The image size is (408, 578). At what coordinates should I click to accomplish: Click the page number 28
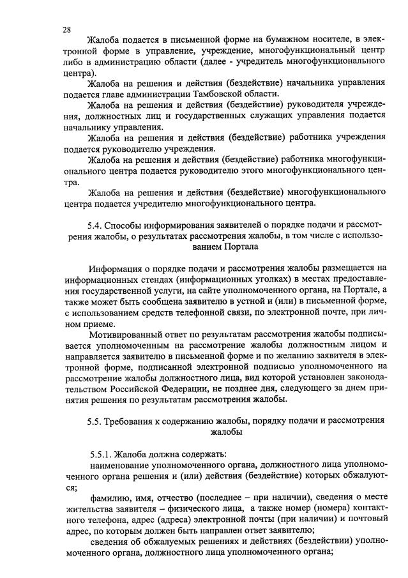(x=67, y=29)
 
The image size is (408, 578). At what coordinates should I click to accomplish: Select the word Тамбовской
(x=223, y=94)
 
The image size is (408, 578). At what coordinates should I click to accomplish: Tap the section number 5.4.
(x=94, y=225)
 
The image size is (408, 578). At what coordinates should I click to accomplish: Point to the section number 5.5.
(x=94, y=420)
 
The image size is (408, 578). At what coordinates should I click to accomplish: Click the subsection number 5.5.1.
(x=101, y=454)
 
